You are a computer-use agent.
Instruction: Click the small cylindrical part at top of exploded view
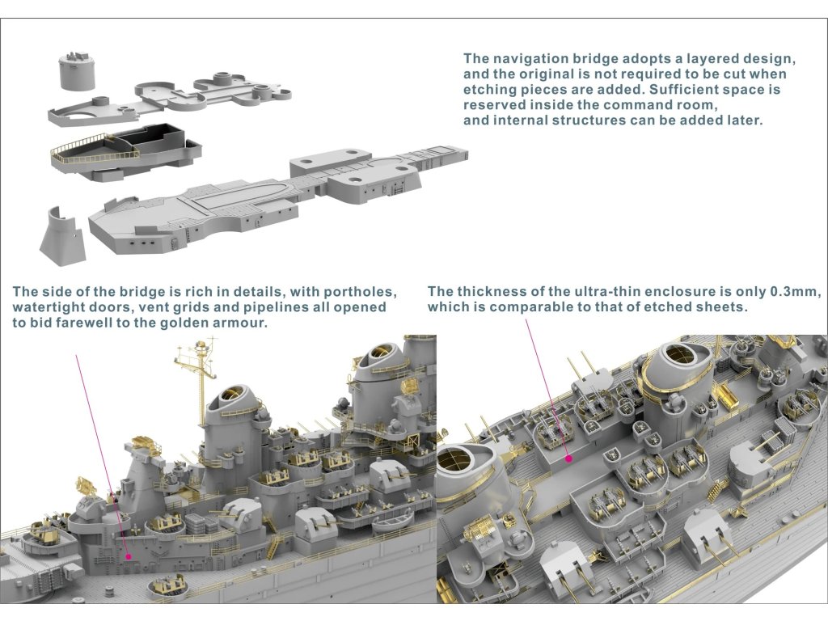point(78,74)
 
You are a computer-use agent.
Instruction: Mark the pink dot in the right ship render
point(569,458)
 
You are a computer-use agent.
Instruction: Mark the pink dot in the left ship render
point(129,556)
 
